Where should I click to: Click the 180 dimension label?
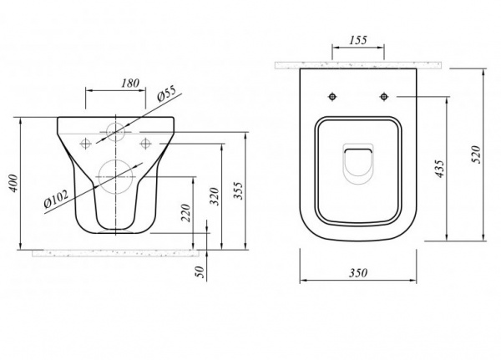[x=130, y=84]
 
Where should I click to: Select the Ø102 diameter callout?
[x=56, y=199]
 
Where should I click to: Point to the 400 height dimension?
[x=13, y=184]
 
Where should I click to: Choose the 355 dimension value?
[x=238, y=191]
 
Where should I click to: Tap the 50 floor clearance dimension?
[x=200, y=271]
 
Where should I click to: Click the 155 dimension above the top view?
[x=358, y=41]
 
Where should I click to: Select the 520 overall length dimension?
[x=476, y=155]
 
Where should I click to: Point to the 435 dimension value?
[x=440, y=169]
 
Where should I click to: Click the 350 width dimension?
[x=358, y=273]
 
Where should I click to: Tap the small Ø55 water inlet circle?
[x=115, y=132]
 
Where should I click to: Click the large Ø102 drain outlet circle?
[x=115, y=176]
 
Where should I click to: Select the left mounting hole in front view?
[x=85, y=144]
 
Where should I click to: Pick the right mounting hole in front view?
[x=145, y=144]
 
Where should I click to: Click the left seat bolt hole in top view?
[x=332, y=96]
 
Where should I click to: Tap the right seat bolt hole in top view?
[x=384, y=96]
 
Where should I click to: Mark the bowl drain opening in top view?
[x=358, y=164]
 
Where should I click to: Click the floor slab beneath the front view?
[x=115, y=253]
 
